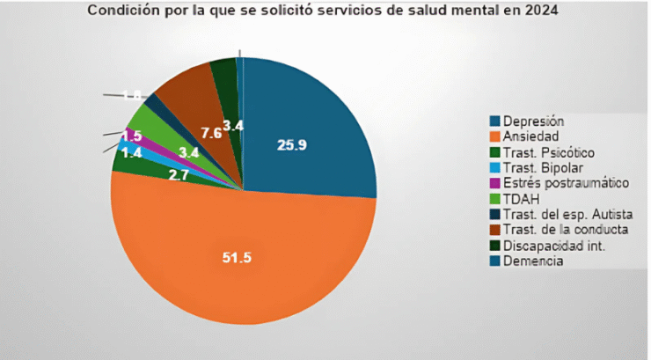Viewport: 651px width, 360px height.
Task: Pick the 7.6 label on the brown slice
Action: (x=211, y=133)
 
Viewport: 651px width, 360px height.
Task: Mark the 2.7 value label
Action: (x=178, y=175)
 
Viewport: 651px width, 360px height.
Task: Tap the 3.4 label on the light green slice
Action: (x=187, y=153)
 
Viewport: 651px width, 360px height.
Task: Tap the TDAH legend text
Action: (x=522, y=199)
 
